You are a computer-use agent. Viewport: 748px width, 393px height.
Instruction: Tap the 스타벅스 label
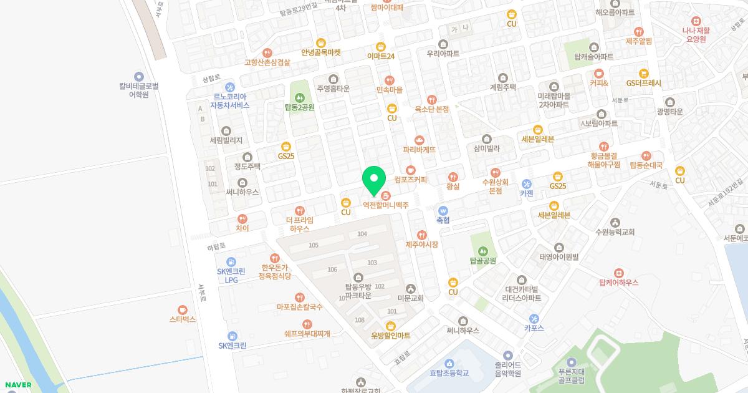tap(182, 319)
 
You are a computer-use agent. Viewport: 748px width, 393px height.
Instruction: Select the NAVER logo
tap(17, 385)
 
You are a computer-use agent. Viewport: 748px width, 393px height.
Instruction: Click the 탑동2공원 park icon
tap(300, 97)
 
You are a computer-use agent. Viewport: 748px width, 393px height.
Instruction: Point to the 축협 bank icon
tap(443, 210)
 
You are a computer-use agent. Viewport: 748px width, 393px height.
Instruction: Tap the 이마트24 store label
tap(381, 56)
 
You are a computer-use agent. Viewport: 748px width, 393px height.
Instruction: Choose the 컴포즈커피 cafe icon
tap(410, 170)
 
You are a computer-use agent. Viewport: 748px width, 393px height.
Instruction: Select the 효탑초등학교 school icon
tap(449, 363)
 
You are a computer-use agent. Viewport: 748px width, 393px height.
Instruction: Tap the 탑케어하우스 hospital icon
tap(618, 273)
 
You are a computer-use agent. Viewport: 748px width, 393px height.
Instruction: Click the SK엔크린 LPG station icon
tap(231, 261)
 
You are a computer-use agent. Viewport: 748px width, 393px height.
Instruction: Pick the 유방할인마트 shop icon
tap(391, 325)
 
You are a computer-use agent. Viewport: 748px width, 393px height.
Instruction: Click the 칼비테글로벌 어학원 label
tap(139, 90)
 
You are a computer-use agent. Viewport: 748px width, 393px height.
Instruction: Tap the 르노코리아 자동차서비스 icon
tap(229, 87)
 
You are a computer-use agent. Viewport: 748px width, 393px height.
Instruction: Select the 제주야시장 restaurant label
tap(422, 244)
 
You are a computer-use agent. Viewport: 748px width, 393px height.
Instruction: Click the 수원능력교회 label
tap(615, 232)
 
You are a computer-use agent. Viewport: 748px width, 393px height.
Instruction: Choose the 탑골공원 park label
tap(482, 261)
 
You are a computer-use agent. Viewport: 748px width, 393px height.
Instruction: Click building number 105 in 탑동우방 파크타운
tap(314, 245)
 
